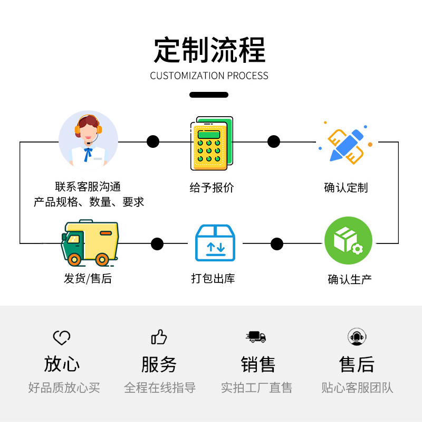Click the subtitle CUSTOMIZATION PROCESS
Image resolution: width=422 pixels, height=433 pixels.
point(209,76)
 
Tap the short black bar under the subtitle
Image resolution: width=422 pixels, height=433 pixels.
point(209,95)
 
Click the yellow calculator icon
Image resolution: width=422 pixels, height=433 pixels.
point(211,144)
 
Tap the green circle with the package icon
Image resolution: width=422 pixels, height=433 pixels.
point(348,240)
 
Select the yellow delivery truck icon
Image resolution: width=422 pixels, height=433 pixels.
point(90,242)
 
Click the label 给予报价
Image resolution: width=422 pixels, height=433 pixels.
point(212,187)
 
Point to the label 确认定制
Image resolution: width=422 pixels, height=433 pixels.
point(346,187)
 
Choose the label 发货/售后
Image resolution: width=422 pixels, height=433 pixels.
point(88,278)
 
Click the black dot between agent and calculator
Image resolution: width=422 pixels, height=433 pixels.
point(152,142)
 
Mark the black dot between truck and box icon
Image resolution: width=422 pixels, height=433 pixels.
point(157,243)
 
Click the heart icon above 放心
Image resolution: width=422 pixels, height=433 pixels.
point(62,337)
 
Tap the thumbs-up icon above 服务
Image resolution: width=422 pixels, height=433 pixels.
point(159,337)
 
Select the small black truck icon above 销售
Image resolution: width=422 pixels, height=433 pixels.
point(256,336)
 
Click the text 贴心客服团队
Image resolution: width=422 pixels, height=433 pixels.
point(357,388)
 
